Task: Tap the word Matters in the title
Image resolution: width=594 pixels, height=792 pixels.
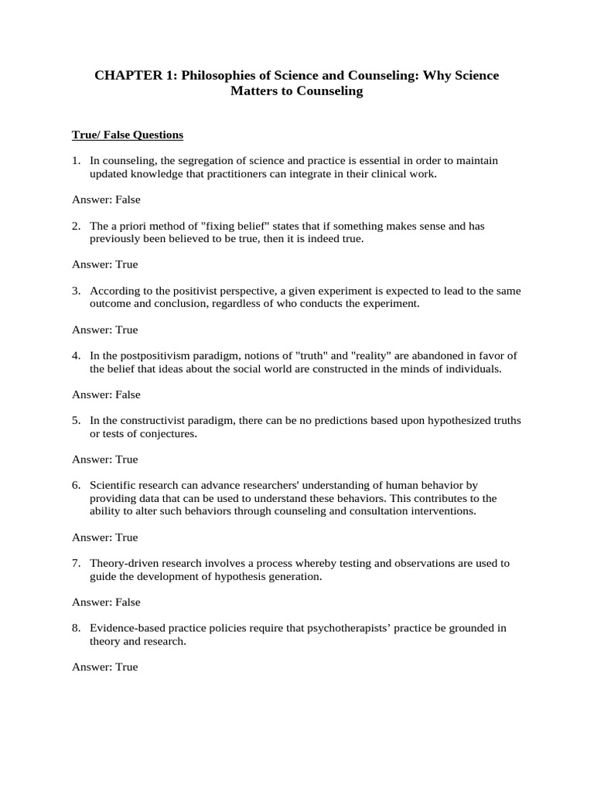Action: (251, 91)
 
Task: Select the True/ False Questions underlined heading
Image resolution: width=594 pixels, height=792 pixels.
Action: (128, 135)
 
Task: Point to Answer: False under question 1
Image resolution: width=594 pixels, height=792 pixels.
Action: (106, 200)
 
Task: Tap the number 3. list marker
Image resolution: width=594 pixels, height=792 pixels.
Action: (77, 291)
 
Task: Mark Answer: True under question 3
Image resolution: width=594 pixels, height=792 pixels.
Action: (105, 329)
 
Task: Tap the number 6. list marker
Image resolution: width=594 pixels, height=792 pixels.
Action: (77, 486)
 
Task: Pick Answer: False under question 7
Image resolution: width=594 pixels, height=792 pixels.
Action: (106, 602)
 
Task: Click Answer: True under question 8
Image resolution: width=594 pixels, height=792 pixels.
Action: (105, 667)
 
